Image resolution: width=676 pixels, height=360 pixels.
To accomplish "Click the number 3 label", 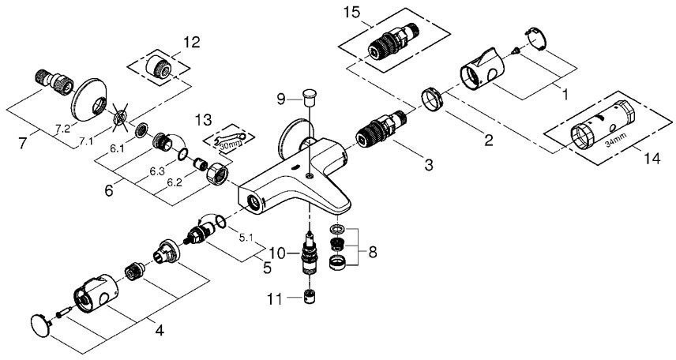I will [428, 165].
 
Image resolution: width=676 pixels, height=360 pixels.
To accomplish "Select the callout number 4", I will [160, 330].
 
